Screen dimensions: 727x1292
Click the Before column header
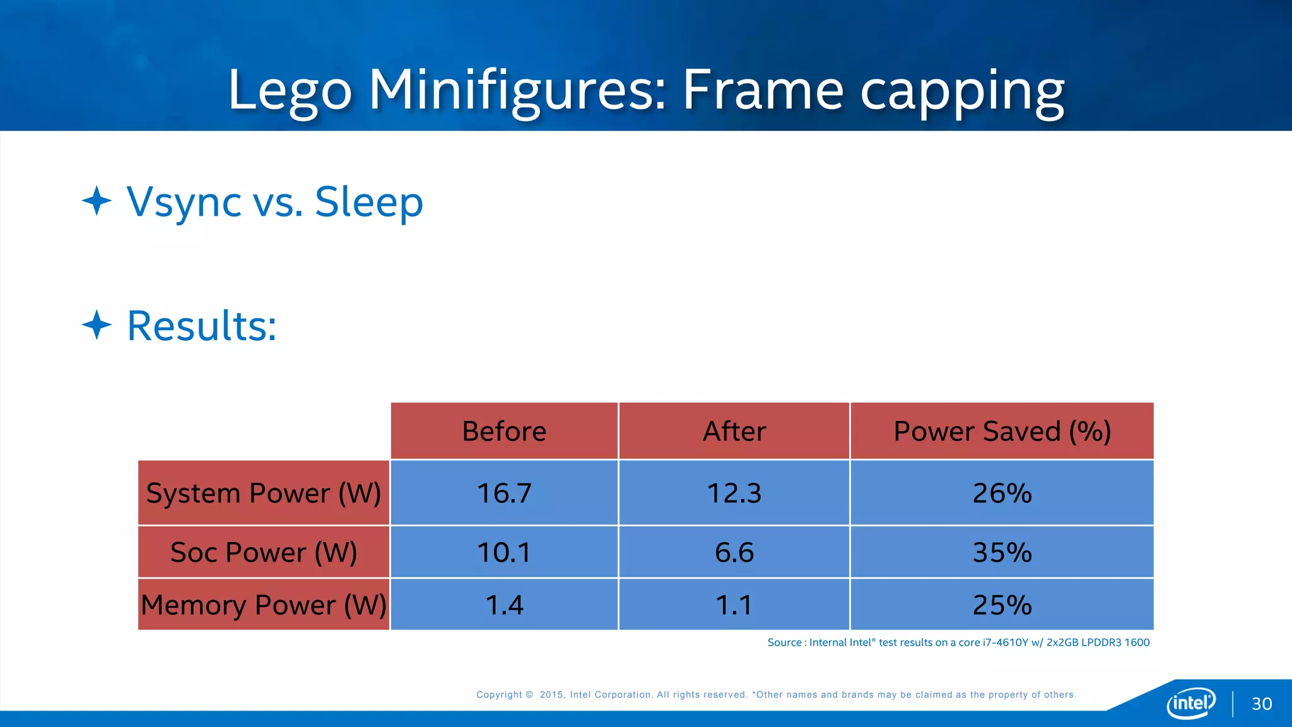(x=504, y=431)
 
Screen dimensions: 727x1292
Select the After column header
(x=734, y=431)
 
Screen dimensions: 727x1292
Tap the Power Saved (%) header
(x=1002, y=431)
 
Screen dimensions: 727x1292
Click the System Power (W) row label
(x=264, y=493)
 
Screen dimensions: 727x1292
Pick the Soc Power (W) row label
(x=264, y=552)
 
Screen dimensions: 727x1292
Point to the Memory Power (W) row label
(x=264, y=605)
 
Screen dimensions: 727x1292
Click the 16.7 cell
(x=504, y=493)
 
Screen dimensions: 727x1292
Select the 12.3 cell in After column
(x=734, y=493)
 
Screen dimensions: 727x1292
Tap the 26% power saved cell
(x=1002, y=493)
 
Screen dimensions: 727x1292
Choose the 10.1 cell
(x=504, y=552)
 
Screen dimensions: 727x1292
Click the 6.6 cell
(x=734, y=552)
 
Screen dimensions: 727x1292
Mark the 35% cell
(x=1002, y=552)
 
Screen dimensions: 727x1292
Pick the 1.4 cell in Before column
(x=504, y=605)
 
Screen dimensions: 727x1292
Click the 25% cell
(x=1002, y=605)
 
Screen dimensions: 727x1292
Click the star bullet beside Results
(x=97, y=325)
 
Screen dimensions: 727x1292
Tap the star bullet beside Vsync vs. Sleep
(x=97, y=201)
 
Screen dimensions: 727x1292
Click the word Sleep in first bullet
(x=368, y=202)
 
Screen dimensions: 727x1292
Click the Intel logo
(x=1190, y=702)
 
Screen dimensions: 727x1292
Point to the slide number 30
(x=1262, y=704)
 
